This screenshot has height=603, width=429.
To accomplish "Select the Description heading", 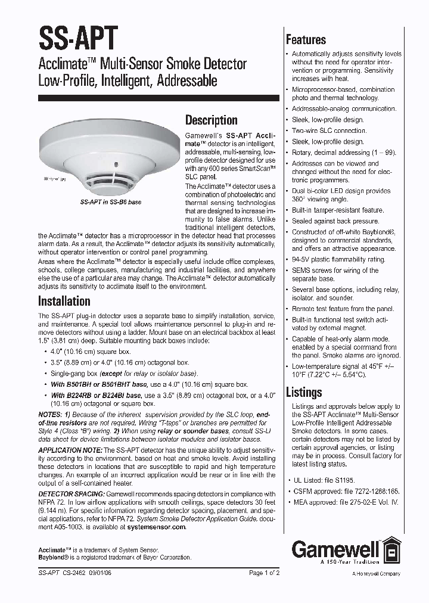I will coord(211,120).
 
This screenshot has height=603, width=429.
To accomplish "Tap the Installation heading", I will coord(64,300).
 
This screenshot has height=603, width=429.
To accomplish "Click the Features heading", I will coord(306,40).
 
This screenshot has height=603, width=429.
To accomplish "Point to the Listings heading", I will coord(304,392).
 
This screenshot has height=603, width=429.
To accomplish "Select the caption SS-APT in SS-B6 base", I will coord(110,203).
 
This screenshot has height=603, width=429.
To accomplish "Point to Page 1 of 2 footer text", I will coord(264,573).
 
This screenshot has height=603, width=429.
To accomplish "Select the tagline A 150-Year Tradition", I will coord(349,561).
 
